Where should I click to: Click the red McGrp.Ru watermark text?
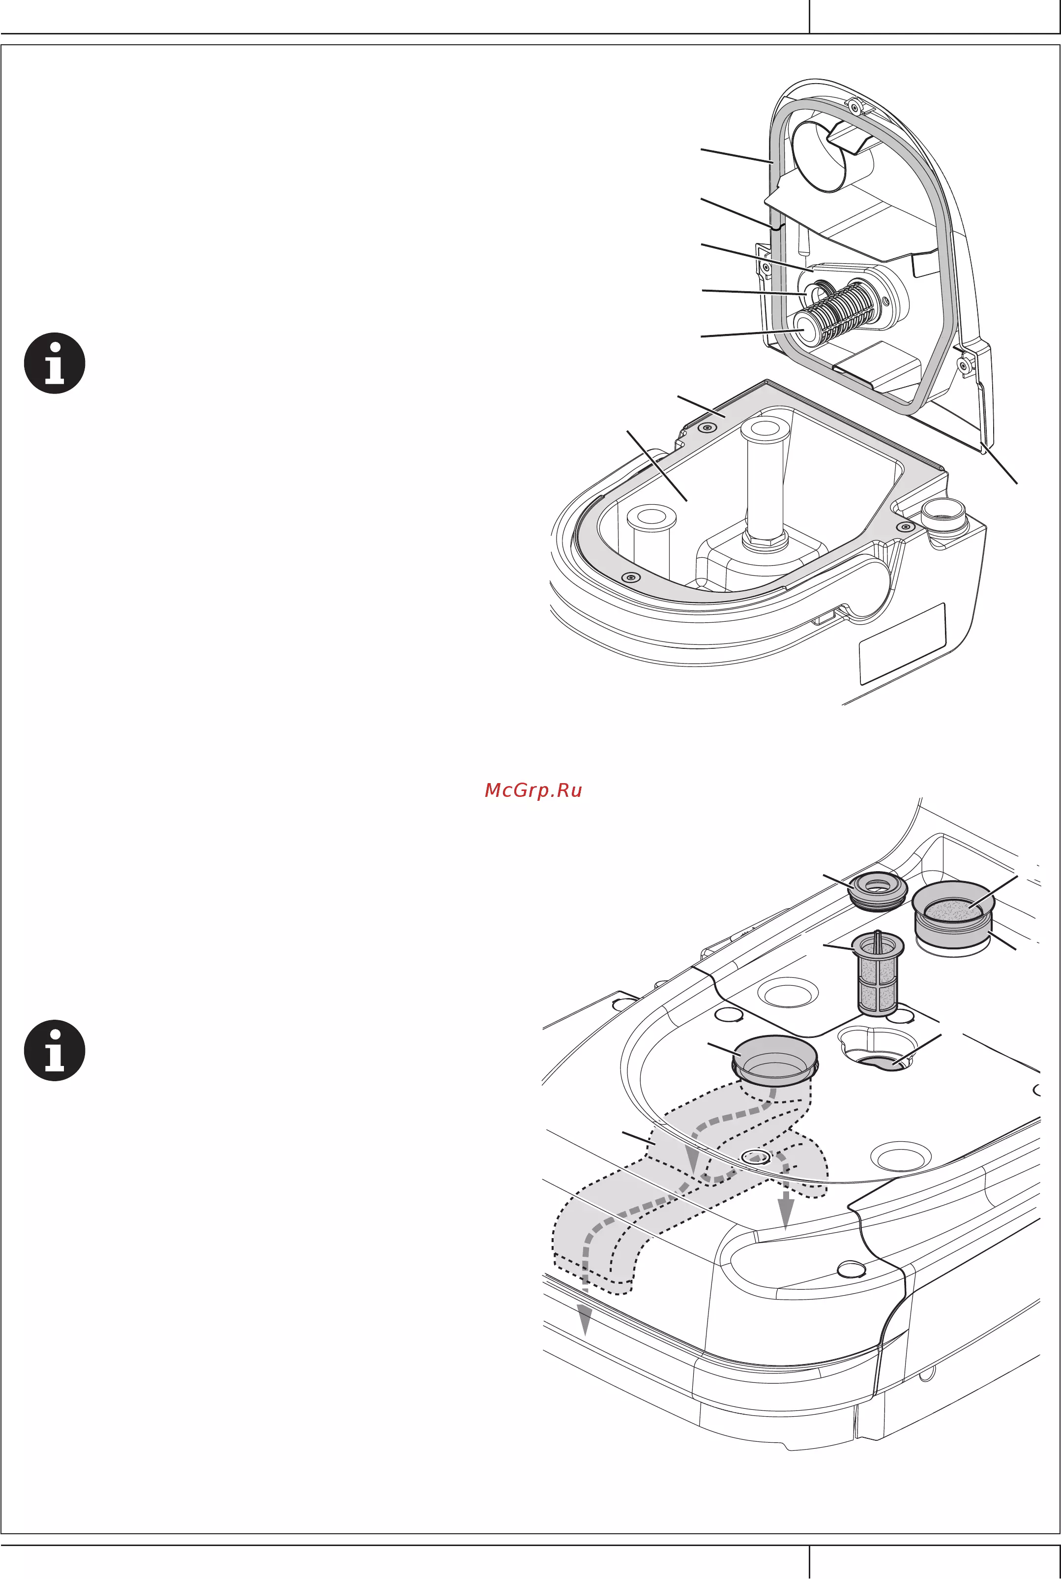tap(533, 790)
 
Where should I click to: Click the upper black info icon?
tap(55, 364)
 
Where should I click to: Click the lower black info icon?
tap(55, 1050)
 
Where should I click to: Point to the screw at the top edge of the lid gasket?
tap(854, 106)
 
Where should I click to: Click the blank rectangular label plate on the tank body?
tap(902, 643)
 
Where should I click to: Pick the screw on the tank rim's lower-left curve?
tap(631, 577)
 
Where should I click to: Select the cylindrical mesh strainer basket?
tap(878, 974)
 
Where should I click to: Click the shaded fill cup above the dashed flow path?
tap(775, 1061)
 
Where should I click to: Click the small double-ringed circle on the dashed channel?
tap(756, 1157)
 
